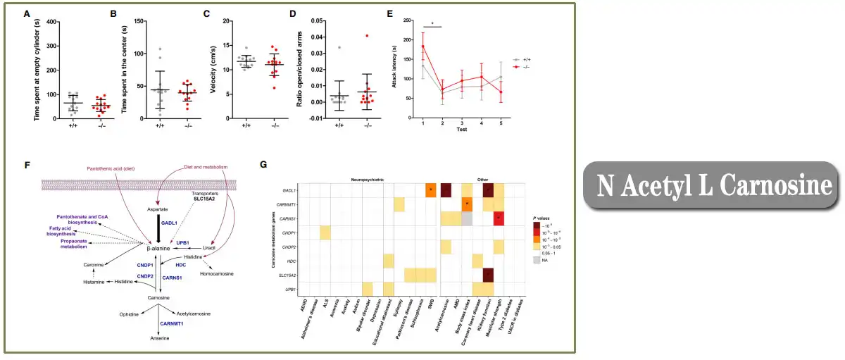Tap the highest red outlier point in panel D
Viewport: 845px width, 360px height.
click(367, 35)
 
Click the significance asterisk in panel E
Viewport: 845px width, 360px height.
click(432, 23)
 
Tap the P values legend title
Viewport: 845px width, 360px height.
click(544, 220)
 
